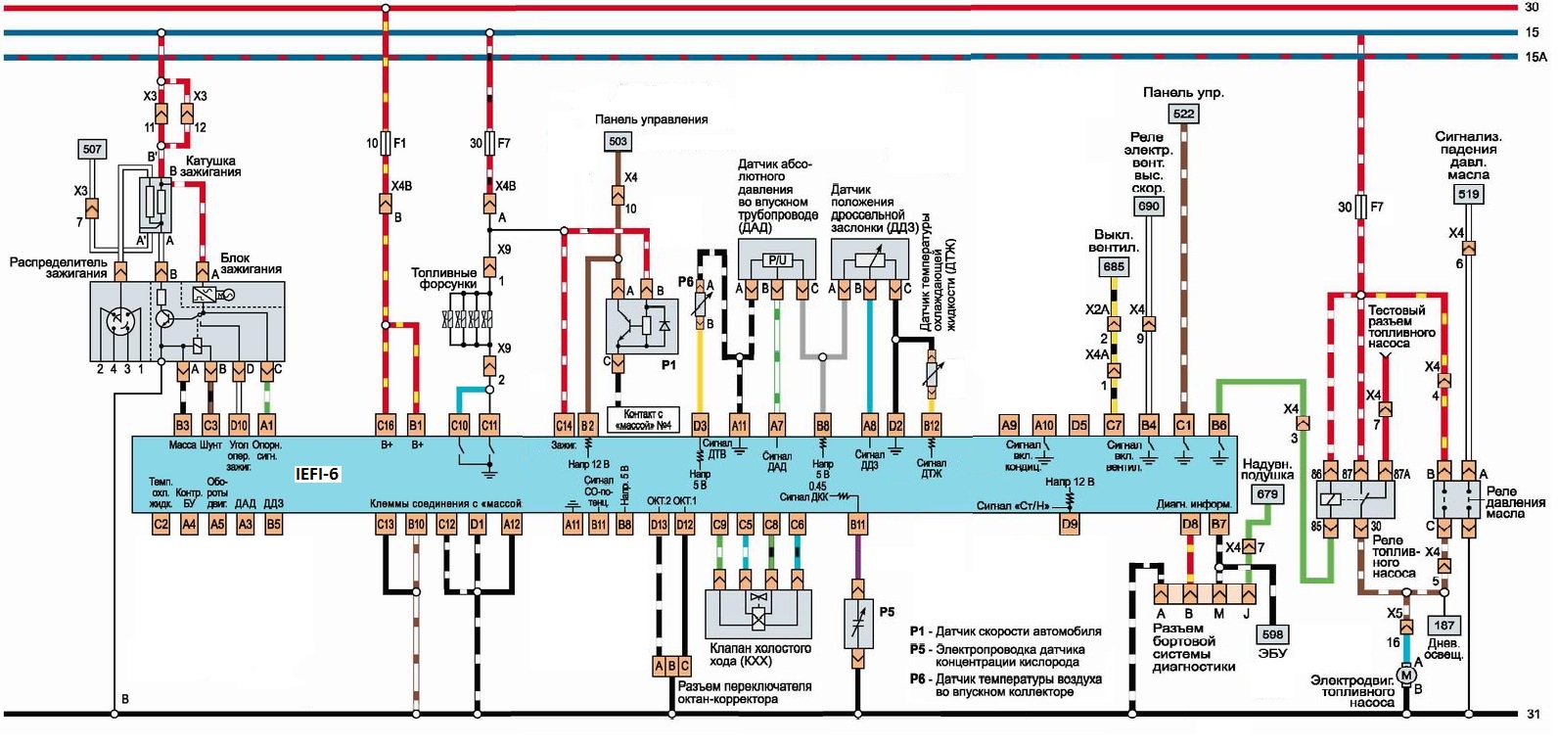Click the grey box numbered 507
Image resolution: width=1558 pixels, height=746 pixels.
(x=92, y=149)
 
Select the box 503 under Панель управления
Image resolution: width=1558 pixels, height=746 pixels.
(x=618, y=141)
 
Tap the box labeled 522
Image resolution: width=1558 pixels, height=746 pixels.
(x=1184, y=114)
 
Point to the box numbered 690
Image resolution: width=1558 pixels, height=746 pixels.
(x=1148, y=206)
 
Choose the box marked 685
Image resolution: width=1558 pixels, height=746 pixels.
(x=1114, y=266)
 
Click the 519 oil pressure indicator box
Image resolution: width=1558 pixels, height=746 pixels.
(x=1468, y=194)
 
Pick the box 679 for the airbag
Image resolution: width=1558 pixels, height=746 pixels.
(x=1267, y=493)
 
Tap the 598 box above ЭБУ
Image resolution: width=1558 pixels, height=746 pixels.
(x=1272, y=633)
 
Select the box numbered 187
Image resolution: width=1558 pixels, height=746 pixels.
(x=1443, y=625)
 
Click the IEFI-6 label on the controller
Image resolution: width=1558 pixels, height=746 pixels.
(x=317, y=474)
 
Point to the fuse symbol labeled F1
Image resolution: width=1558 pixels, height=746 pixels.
(x=386, y=143)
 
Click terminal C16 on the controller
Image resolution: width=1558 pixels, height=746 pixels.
(x=386, y=425)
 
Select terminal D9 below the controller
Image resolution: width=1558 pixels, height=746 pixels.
(x=1070, y=525)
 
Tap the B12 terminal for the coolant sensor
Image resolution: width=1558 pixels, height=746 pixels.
(x=932, y=425)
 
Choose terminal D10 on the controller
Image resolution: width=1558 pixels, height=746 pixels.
(x=239, y=425)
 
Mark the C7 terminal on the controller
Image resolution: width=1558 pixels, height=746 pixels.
(x=1114, y=425)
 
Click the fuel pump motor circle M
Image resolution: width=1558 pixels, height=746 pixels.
(x=1406, y=674)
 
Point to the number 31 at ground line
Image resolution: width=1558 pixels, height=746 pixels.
(x=1534, y=714)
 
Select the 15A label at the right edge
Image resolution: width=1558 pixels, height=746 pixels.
(x=1535, y=57)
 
